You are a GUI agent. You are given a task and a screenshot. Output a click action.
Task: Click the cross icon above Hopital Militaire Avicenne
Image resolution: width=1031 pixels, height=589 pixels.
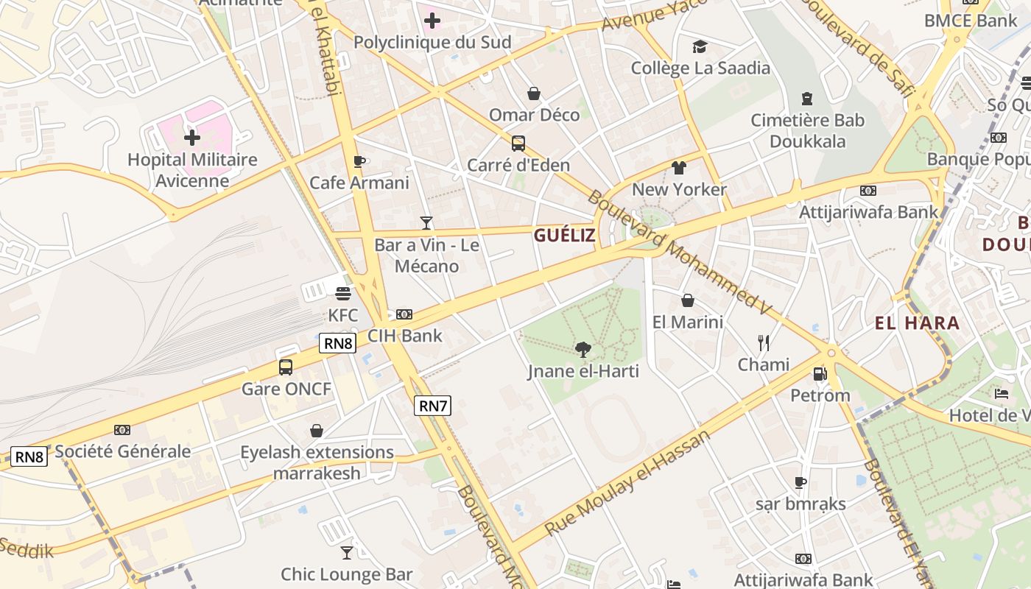pos(192,138)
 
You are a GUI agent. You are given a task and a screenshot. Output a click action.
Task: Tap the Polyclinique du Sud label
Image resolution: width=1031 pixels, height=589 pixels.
pos(432,42)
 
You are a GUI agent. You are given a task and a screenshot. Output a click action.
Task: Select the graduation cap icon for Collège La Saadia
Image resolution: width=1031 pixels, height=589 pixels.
pos(700,47)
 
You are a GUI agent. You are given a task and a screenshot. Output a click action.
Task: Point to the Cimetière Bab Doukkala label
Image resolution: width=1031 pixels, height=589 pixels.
pos(807,130)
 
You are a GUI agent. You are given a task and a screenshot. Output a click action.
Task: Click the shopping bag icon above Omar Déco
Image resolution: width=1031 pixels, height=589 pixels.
pos(534,94)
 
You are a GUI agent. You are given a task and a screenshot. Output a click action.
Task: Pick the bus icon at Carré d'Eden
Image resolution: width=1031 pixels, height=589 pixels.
pos(518,143)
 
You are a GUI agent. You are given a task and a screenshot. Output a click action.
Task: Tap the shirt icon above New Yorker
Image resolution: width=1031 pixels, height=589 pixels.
pos(679,168)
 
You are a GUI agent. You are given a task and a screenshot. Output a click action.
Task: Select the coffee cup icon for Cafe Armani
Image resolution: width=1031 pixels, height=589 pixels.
pos(359,161)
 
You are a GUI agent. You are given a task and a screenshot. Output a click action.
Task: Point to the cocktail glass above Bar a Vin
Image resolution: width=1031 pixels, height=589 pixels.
pos(426,222)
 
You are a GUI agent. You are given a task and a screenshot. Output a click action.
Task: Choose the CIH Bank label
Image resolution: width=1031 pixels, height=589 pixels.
pos(405,336)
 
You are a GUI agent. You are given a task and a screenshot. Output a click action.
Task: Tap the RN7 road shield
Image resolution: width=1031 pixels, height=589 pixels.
pos(432,406)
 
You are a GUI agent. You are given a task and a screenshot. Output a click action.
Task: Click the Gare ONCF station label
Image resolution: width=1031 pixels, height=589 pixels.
pos(287,389)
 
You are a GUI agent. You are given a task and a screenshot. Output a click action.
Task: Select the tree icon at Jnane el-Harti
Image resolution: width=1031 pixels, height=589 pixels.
pos(583,349)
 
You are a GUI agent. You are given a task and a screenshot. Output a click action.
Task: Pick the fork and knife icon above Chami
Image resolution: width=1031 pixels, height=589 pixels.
pos(764,342)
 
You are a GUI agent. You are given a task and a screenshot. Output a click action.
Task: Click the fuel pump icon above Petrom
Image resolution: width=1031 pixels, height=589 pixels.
pos(820,374)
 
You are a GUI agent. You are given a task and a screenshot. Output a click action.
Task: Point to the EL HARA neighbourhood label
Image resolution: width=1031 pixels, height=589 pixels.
pos(917,322)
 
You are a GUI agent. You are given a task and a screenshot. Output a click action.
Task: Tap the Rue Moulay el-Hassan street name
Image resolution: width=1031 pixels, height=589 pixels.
pos(628,482)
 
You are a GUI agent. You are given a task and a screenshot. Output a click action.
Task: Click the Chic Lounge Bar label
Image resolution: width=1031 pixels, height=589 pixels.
pos(347,574)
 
